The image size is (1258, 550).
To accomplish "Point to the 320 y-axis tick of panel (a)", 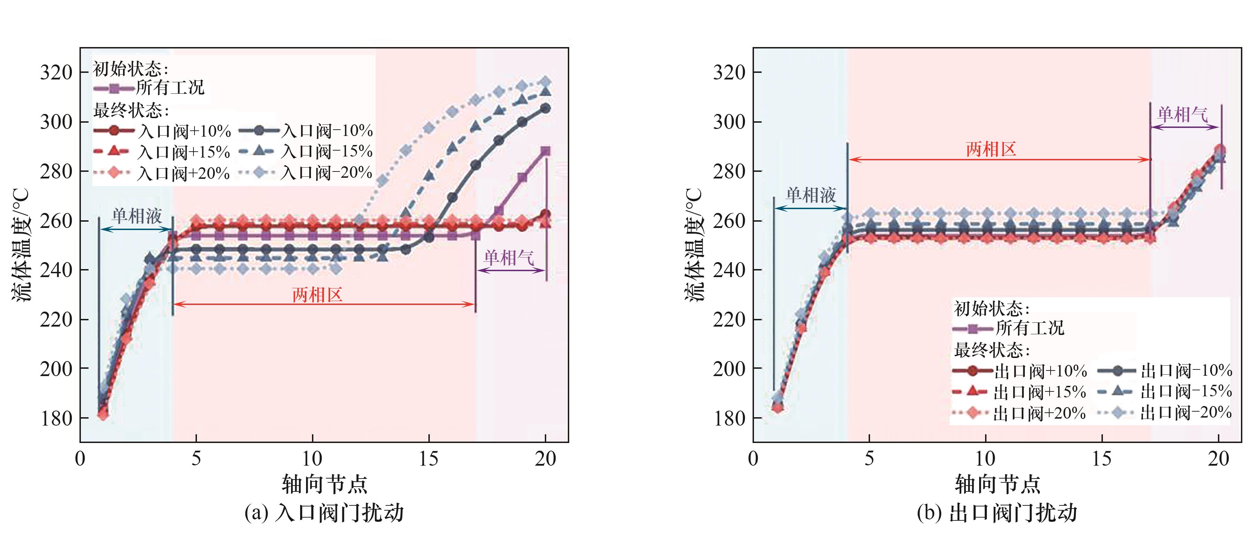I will (x=56, y=72).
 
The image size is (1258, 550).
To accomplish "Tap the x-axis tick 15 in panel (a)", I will (x=428, y=459).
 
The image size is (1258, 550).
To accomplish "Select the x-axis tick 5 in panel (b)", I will (x=869, y=459).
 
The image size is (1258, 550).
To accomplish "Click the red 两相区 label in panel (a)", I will (x=318, y=295).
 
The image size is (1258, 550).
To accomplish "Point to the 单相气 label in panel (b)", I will (x=1182, y=115).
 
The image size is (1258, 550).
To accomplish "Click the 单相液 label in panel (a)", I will (x=137, y=215).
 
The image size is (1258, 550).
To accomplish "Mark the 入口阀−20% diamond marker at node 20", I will (x=546, y=82).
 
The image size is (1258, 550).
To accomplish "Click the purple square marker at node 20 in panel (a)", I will (x=546, y=151).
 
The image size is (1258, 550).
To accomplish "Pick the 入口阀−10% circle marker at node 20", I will (x=546, y=108).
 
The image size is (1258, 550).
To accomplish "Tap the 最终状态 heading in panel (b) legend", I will (x=991, y=350).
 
